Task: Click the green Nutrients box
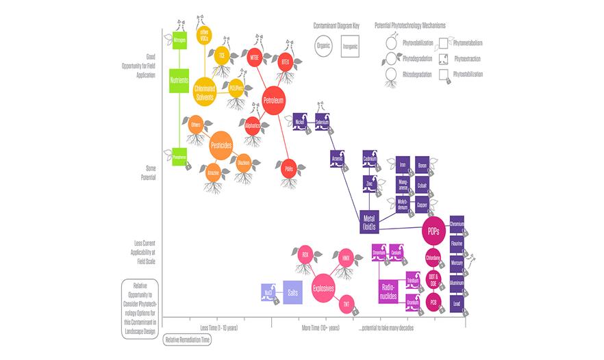[x=179, y=81]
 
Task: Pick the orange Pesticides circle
[x=221, y=144]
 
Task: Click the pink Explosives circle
[x=323, y=288]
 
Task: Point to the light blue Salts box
[x=292, y=291]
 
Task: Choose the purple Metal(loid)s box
[x=370, y=220]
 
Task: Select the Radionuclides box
[x=388, y=290]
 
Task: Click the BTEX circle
[x=286, y=62]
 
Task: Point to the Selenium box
[x=323, y=122]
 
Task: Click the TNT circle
[x=347, y=303]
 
